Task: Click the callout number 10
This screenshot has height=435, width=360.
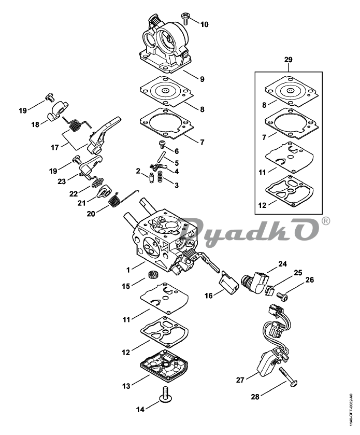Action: click(x=204, y=24)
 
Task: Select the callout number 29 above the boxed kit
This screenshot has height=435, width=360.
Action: click(x=288, y=60)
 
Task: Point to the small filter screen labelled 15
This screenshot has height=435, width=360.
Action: click(x=151, y=274)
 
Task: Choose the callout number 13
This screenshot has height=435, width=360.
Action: click(x=126, y=386)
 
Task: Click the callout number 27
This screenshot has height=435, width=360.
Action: click(x=240, y=380)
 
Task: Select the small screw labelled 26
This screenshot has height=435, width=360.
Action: click(x=283, y=297)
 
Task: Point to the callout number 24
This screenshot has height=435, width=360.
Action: click(x=283, y=264)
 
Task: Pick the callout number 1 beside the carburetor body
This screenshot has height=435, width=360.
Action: click(x=128, y=270)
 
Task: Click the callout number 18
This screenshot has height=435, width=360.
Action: click(x=35, y=124)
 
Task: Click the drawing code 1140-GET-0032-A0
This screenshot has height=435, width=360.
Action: click(x=351, y=411)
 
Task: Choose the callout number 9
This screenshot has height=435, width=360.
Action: click(x=202, y=79)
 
